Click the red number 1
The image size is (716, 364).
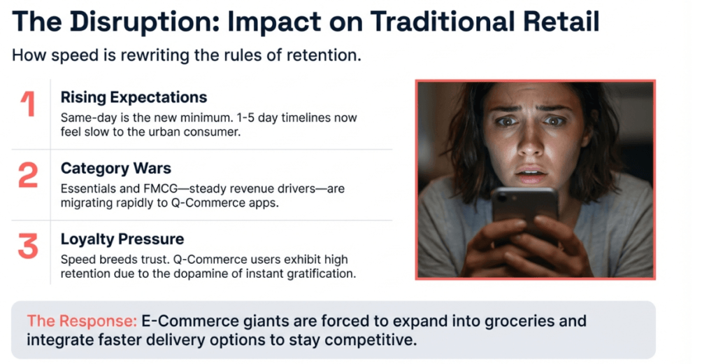click(x=28, y=104)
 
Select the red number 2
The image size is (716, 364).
click(x=28, y=175)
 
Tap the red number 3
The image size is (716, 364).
click(x=28, y=246)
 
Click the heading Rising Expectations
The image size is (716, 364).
click(x=134, y=97)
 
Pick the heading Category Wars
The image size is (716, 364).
click(x=116, y=168)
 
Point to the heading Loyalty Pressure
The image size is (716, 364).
click(x=122, y=239)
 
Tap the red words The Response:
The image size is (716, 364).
click(x=82, y=321)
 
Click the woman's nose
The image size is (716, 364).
click(x=530, y=148)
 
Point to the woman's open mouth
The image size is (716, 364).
click(x=531, y=174)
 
